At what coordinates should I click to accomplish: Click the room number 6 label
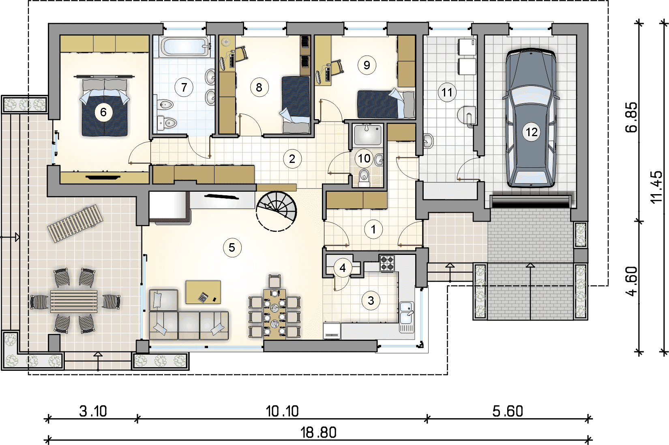click(103, 112)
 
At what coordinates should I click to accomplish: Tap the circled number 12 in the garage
click(532, 132)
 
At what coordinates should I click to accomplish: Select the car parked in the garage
click(531, 118)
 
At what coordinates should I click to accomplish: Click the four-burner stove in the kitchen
click(387, 263)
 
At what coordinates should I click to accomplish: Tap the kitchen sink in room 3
click(407, 317)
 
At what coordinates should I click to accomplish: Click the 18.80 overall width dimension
click(318, 432)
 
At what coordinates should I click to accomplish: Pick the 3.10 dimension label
click(93, 411)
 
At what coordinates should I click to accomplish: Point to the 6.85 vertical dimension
click(631, 117)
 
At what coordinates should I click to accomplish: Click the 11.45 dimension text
click(656, 187)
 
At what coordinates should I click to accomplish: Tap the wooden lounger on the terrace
click(75, 223)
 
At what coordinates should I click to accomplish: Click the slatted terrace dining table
click(74, 302)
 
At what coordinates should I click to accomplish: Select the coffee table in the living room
click(203, 292)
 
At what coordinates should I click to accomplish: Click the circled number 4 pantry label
click(343, 268)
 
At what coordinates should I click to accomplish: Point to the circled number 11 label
click(447, 92)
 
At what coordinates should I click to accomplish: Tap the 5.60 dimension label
click(508, 411)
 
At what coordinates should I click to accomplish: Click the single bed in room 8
click(296, 105)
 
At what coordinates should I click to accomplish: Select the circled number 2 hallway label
click(292, 159)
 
